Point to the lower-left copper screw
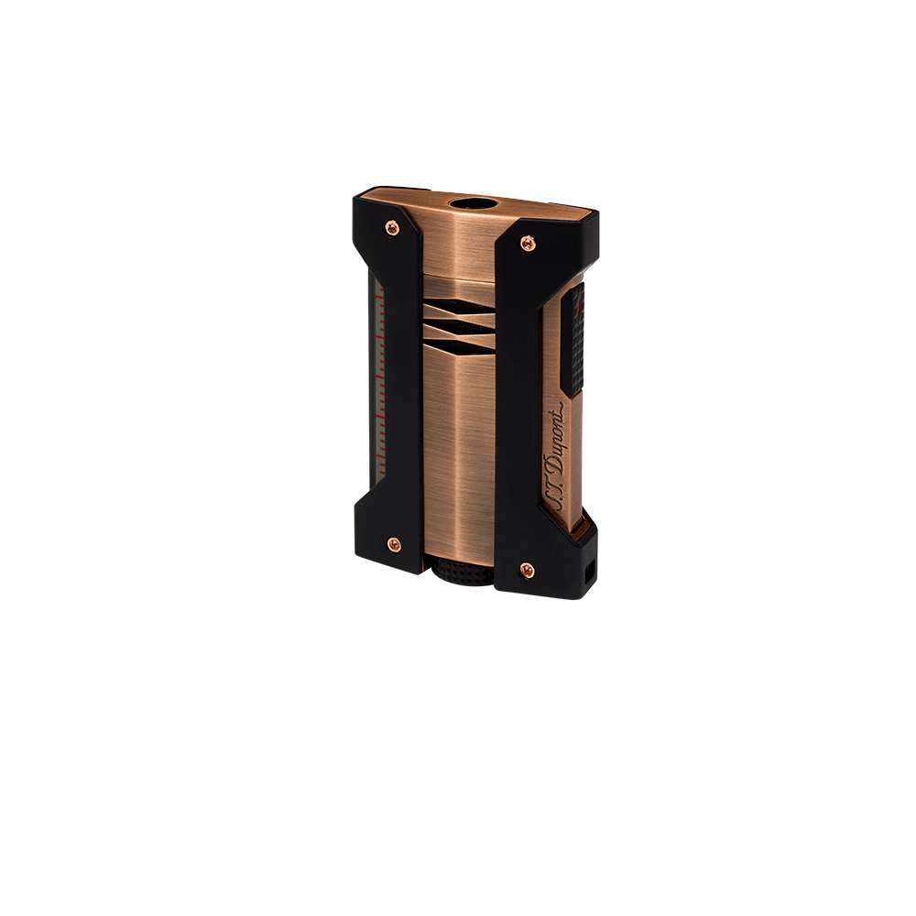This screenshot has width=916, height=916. point(394,544)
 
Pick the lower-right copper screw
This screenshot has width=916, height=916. point(527,569)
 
